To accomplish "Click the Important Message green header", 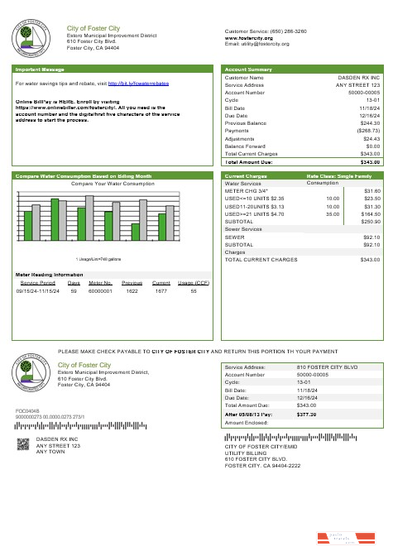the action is click(40, 69).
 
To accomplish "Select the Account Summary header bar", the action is click(248, 69).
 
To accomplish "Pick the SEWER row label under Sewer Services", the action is click(234, 237).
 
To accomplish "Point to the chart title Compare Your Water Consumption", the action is click(113, 183).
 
